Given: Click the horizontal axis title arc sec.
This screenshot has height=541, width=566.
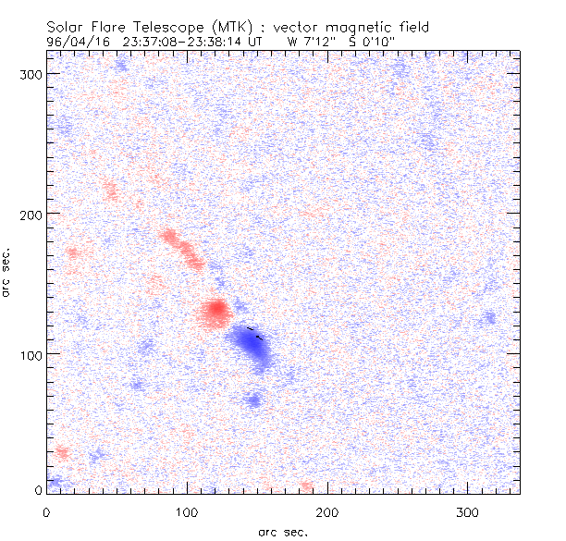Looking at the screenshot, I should coord(283,532).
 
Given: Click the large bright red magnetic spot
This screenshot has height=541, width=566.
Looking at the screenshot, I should coord(215,311).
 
